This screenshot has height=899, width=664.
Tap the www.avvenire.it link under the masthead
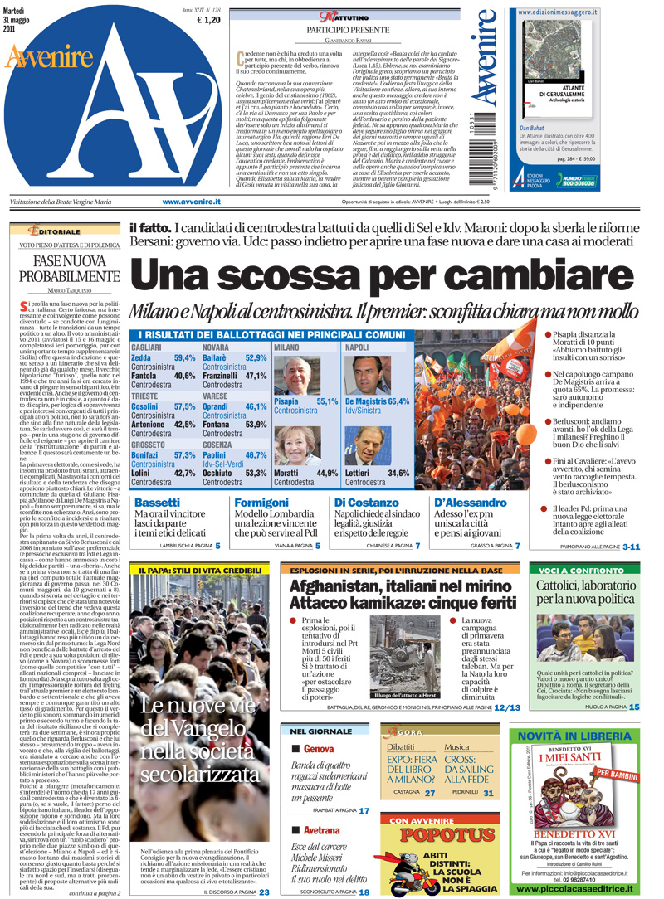[x=191, y=202]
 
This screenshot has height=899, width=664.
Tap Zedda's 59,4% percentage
[x=184, y=358]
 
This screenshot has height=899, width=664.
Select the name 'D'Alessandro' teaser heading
[x=468, y=503]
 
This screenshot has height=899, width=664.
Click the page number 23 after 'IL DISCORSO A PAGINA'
[x=264, y=892]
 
